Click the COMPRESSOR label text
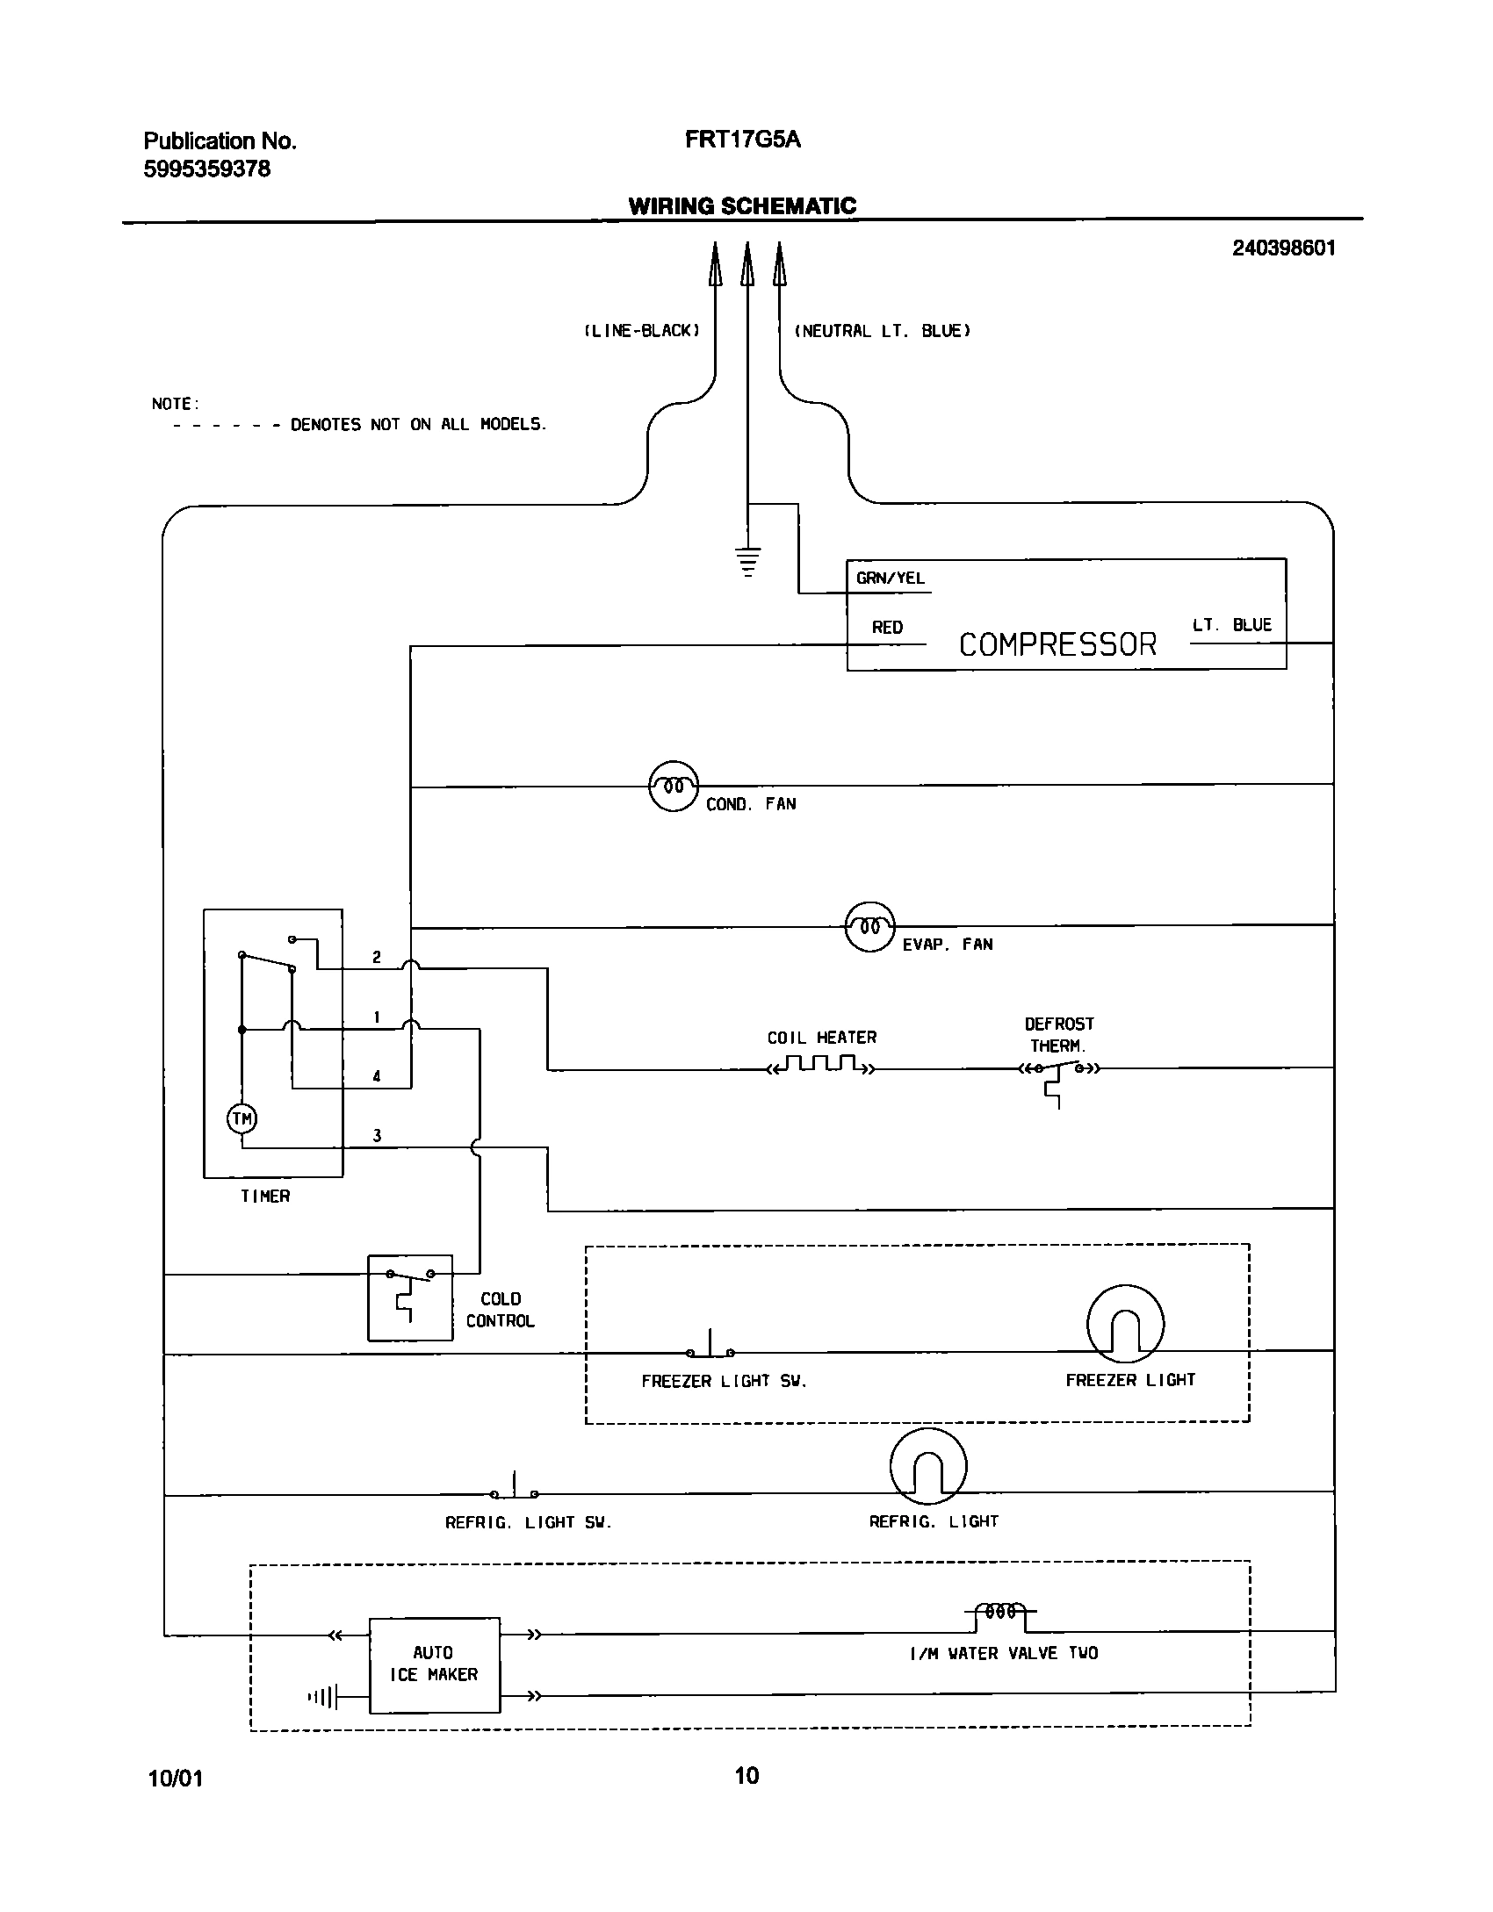pos(1057,644)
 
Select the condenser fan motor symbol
pos(674,786)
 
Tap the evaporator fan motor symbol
pos(869,926)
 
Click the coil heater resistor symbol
pos(821,1066)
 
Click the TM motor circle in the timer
pos(242,1118)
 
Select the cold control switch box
pos(410,1297)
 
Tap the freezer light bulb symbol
pos(1125,1324)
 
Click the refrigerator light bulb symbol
pos(928,1466)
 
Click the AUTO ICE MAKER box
pos(434,1664)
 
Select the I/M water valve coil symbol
pos(1000,1612)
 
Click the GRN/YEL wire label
pos(890,579)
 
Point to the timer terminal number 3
pos(377,1136)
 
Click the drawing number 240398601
pos(1283,248)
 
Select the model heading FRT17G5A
pos(742,140)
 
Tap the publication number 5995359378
pos(207,169)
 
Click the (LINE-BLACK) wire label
pos(642,331)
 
